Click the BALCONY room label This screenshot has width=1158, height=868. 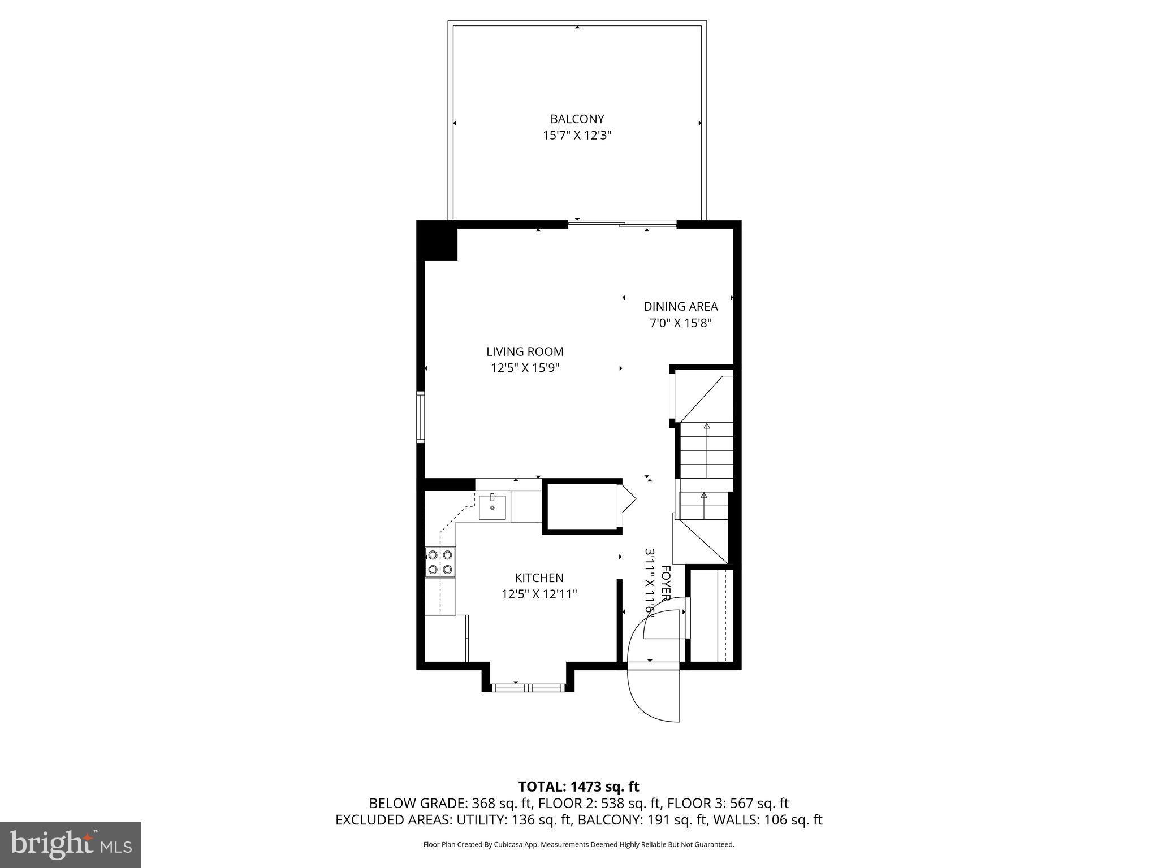tap(577, 119)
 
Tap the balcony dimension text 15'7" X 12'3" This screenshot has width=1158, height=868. tap(577, 136)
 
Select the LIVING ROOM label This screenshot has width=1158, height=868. tap(525, 351)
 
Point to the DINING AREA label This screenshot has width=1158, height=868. tap(680, 306)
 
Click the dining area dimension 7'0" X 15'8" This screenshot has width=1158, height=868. tap(680, 323)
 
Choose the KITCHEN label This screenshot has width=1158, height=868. tap(539, 578)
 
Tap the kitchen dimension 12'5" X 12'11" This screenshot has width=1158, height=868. tap(539, 594)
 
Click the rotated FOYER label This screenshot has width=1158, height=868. tap(666, 583)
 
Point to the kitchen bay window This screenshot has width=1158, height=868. tap(528, 687)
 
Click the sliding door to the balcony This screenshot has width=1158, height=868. tap(622, 224)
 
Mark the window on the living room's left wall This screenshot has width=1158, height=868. tap(421, 416)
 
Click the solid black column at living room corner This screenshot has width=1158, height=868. tap(438, 241)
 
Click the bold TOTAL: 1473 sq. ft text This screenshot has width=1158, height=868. tap(578, 787)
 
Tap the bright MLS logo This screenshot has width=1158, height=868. tap(71, 844)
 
